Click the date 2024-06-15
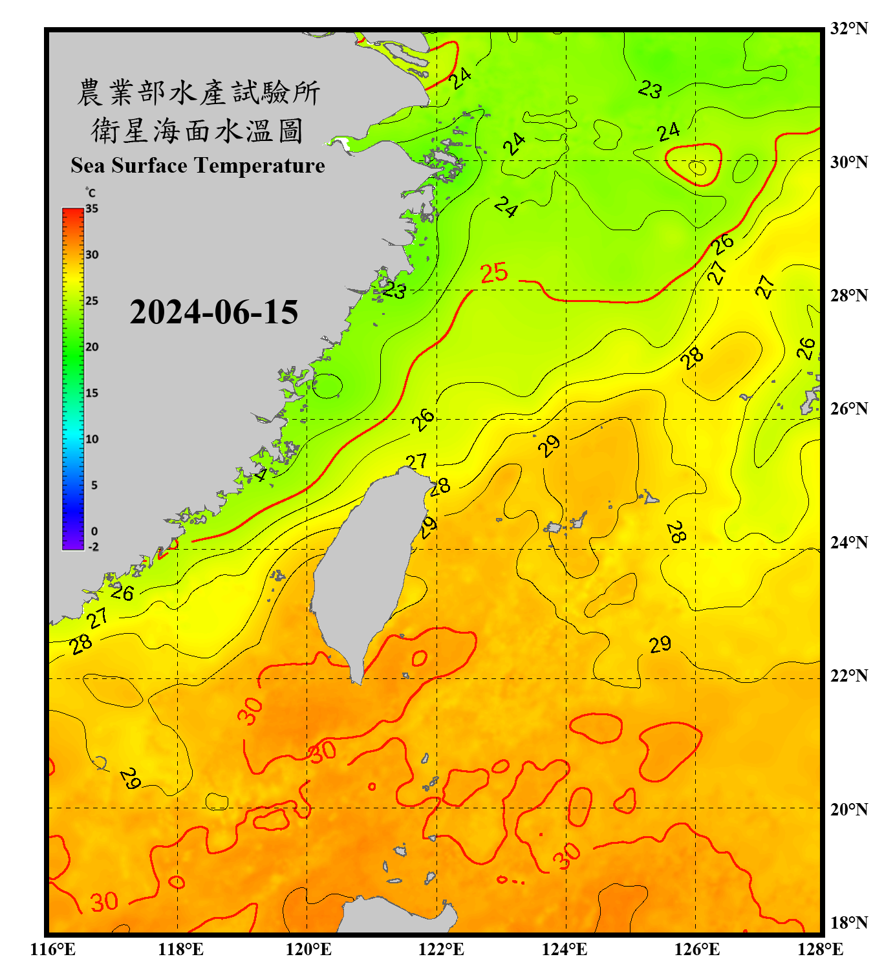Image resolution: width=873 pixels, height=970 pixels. pos(213,312)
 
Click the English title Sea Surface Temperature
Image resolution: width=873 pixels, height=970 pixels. pos(198,166)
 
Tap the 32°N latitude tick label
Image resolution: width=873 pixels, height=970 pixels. pos(848,28)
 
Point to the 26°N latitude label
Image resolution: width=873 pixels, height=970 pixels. pos(848,409)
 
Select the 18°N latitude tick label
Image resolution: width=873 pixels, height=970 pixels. pos(848,923)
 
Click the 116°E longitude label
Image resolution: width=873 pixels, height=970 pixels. pos(53,949)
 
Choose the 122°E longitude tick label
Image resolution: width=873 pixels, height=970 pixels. pos(441,949)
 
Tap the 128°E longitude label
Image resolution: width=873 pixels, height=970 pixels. pos(820,949)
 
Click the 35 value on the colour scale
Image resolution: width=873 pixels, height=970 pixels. pos(92,208)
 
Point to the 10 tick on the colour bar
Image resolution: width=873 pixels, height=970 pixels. pos(92,439)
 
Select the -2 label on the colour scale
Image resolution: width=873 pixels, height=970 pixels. pos(93,546)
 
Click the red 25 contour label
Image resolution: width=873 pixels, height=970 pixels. pos(494,273)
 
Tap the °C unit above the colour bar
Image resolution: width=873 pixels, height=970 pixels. pos(91,193)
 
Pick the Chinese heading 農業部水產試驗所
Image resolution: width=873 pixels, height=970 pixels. pos(199,92)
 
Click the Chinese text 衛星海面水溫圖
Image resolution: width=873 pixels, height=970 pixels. pos(197,131)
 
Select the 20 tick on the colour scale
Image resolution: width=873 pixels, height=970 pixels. pos(92,347)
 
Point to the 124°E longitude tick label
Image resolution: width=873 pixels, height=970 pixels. pos(565,949)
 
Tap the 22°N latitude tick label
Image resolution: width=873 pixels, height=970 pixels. pos(848,676)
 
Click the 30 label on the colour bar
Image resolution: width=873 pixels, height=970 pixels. pos(92,255)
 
